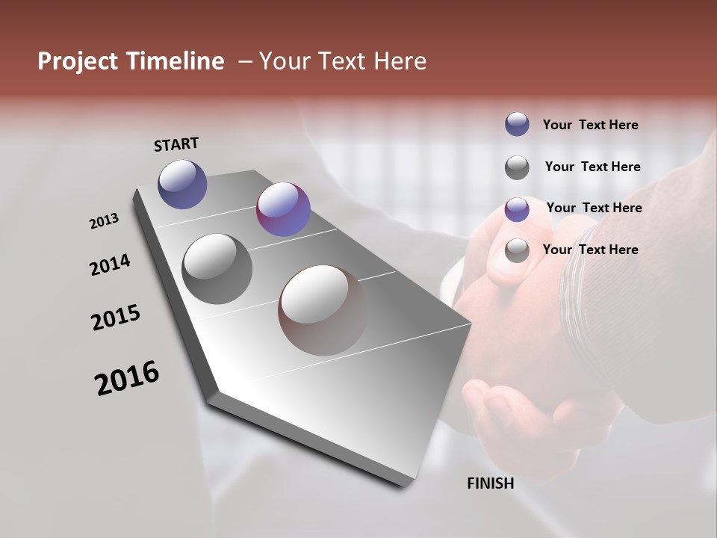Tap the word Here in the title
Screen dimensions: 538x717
(x=397, y=61)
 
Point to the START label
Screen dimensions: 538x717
(x=176, y=144)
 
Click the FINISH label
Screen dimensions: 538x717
(x=491, y=483)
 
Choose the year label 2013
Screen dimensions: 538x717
(x=105, y=221)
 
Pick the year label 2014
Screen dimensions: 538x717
(x=110, y=265)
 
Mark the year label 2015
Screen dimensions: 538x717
(x=116, y=318)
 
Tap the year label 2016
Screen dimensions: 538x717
(x=127, y=378)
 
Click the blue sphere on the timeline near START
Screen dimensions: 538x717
(x=182, y=184)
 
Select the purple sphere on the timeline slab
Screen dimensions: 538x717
(x=283, y=209)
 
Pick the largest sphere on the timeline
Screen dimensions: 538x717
(x=323, y=309)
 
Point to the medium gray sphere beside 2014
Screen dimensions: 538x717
(x=217, y=269)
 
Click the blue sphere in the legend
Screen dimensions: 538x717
(x=517, y=124)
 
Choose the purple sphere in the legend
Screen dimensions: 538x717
(x=517, y=209)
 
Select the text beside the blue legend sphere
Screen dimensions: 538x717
(x=590, y=125)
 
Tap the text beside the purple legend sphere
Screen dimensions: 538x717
(x=594, y=208)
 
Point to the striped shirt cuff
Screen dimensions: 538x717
(x=590, y=299)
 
